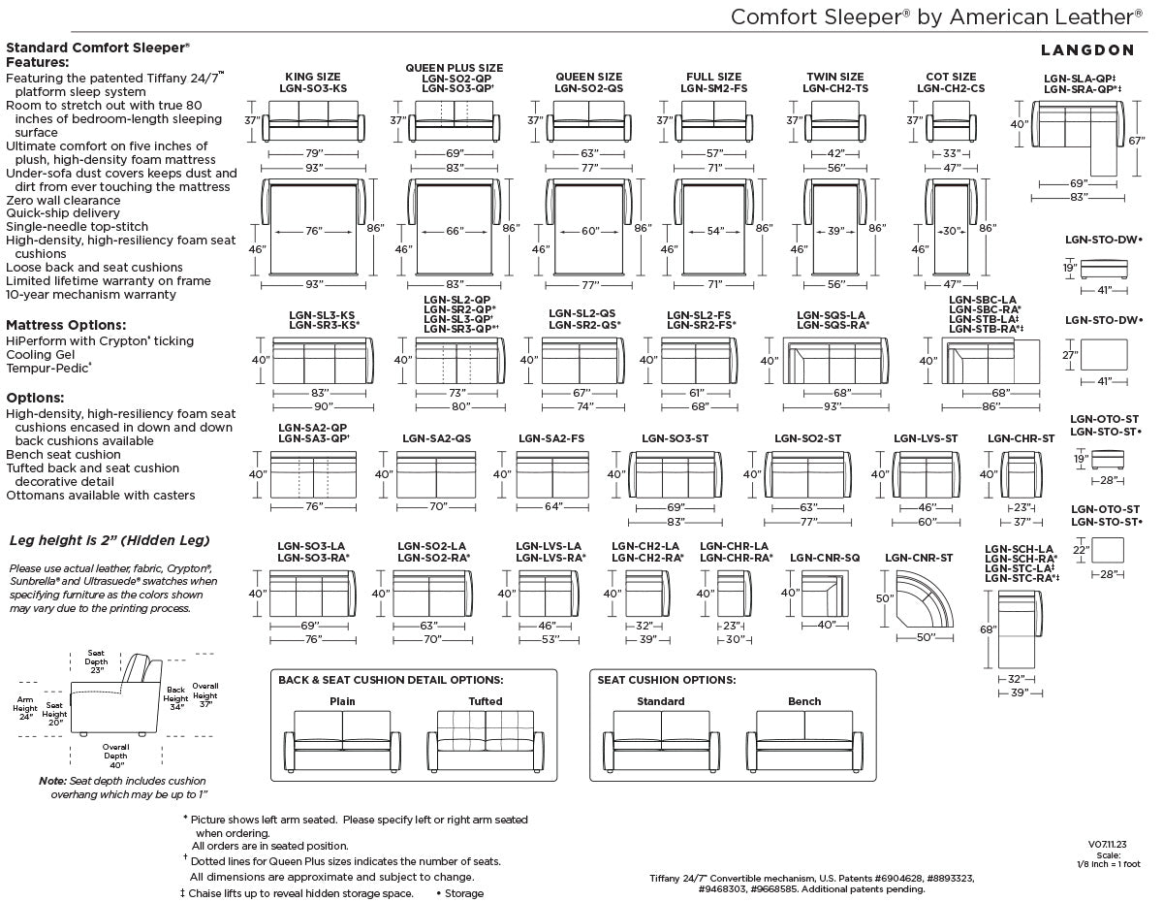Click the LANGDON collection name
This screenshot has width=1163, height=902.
tap(1087, 50)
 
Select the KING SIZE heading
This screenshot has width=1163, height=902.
tap(313, 77)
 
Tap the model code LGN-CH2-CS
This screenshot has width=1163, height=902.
tap(951, 88)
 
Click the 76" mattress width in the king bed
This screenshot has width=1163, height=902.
tap(314, 231)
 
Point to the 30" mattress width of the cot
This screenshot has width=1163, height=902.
tap(951, 231)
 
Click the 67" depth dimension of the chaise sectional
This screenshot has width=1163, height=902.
tap(1137, 141)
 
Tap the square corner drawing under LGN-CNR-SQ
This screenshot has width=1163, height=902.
tap(825, 594)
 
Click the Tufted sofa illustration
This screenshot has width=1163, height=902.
tap(486, 741)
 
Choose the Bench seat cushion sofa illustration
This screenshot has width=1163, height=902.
tap(804, 741)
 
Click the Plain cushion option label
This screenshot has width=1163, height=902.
tap(342, 701)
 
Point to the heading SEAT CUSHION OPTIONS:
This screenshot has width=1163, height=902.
tap(667, 680)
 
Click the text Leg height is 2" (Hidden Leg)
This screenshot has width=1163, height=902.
tap(110, 540)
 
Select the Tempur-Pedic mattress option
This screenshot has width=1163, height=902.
tap(48, 368)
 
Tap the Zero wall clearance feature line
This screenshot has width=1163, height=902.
tap(63, 201)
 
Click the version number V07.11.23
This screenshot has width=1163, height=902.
tap(1108, 845)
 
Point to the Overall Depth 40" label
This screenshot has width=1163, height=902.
tap(115, 756)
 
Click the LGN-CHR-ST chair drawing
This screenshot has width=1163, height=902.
tap(1022, 475)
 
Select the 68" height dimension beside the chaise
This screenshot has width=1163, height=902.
tap(988, 629)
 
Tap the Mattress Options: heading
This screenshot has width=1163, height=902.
tap(66, 325)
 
